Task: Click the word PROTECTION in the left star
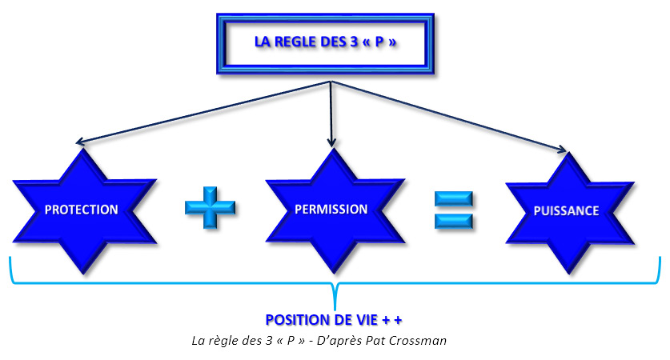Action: (x=81, y=210)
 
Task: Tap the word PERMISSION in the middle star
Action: (x=331, y=210)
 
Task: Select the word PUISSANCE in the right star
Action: (x=566, y=211)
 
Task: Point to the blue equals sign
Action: (x=454, y=210)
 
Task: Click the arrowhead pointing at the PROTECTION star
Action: (x=81, y=144)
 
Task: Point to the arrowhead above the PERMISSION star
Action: (x=331, y=143)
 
